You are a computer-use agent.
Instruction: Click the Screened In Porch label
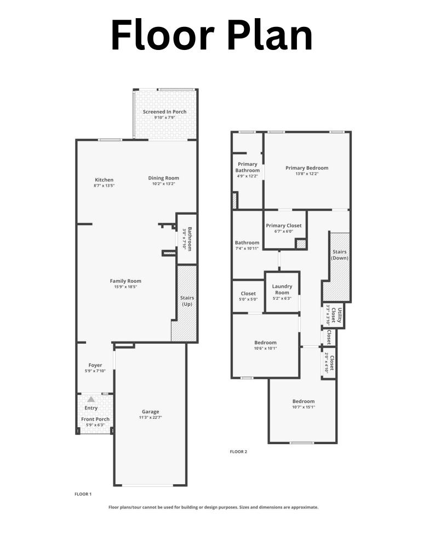[x=164, y=112]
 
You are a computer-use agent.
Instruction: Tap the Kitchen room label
[x=104, y=180]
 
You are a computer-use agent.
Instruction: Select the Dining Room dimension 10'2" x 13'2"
[x=164, y=184]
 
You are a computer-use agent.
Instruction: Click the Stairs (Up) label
[x=187, y=301]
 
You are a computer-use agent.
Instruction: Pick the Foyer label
[x=95, y=365]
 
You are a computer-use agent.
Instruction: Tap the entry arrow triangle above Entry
[x=91, y=400]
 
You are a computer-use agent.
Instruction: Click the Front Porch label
[x=95, y=419]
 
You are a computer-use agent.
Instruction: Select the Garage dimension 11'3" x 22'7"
[x=151, y=418]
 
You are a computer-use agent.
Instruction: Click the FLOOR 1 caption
[x=83, y=494]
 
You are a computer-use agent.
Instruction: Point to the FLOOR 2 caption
[x=238, y=452]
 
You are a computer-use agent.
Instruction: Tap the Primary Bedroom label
[x=307, y=168]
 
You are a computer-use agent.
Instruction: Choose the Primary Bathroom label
[x=248, y=167]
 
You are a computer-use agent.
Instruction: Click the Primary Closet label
[x=283, y=226]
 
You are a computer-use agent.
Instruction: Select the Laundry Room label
[x=282, y=289]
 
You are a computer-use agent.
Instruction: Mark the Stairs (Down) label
[x=340, y=255]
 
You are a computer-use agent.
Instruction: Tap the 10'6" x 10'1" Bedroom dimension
[x=265, y=349]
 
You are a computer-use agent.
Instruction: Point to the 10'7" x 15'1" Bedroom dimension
[x=303, y=407]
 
